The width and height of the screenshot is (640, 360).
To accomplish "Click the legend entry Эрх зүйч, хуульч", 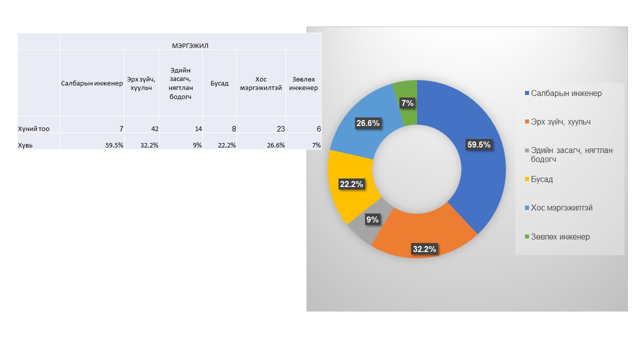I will pyautogui.click(x=560, y=121).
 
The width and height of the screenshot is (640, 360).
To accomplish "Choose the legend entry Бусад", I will pyautogui.click(x=541, y=179).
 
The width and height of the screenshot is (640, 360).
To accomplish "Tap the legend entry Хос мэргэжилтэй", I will pyautogui.click(x=561, y=207).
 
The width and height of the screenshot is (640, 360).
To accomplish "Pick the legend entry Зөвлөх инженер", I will pyautogui.click(x=560, y=236).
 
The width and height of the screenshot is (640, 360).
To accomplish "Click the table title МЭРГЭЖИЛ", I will pyautogui.click(x=190, y=45).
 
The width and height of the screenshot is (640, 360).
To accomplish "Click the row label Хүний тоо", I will pyautogui.click(x=33, y=129).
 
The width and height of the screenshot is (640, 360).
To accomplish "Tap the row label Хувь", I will pyautogui.click(x=25, y=145).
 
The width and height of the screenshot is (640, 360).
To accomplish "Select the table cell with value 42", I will pyautogui.click(x=154, y=129).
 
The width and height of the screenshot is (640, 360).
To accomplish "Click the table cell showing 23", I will pyautogui.click(x=280, y=129).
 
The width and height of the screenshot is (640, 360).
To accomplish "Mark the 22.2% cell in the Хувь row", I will pyautogui.click(x=227, y=145).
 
